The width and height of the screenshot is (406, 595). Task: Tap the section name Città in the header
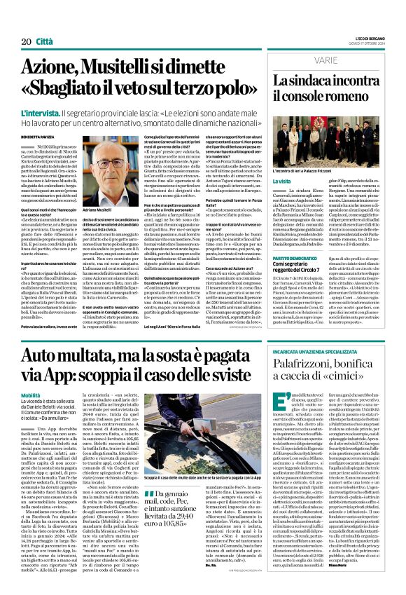pyautogui.click(x=44, y=22)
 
